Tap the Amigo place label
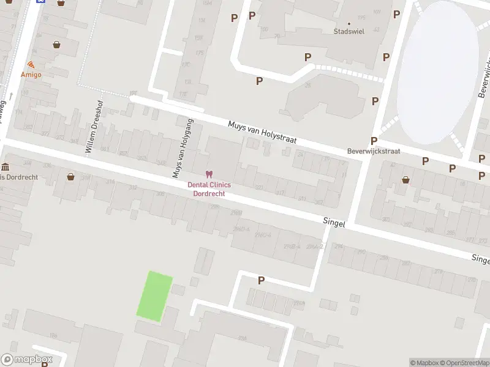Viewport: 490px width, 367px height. (x=31, y=75)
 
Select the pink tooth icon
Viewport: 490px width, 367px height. (x=209, y=175)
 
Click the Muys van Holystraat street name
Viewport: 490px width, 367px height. (x=262, y=132)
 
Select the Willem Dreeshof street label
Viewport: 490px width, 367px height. (x=96, y=127)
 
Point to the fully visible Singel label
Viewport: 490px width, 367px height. (x=334, y=224)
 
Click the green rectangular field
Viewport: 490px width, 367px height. (x=154, y=297)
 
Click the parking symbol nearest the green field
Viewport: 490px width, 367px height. (x=261, y=280)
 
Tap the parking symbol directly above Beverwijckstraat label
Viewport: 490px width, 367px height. (x=373, y=141)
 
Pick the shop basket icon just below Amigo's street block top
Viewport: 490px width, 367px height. (x=57, y=44)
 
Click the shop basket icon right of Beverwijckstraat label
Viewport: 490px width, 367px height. (x=405, y=179)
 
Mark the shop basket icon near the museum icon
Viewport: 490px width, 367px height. (x=70, y=177)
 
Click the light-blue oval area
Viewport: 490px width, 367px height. (x=436, y=64)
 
